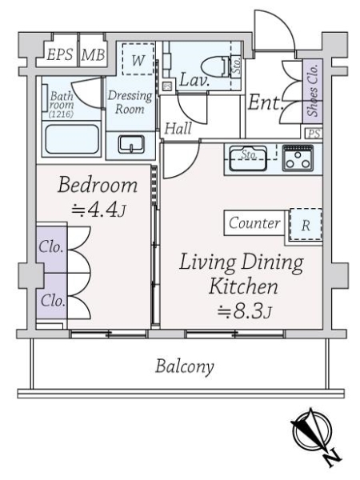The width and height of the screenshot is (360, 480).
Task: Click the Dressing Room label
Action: (x=130, y=101)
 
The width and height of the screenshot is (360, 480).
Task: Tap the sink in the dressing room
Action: (x=130, y=144)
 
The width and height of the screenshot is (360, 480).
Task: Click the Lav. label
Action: (x=194, y=79)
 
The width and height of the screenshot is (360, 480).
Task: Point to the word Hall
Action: (x=178, y=128)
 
